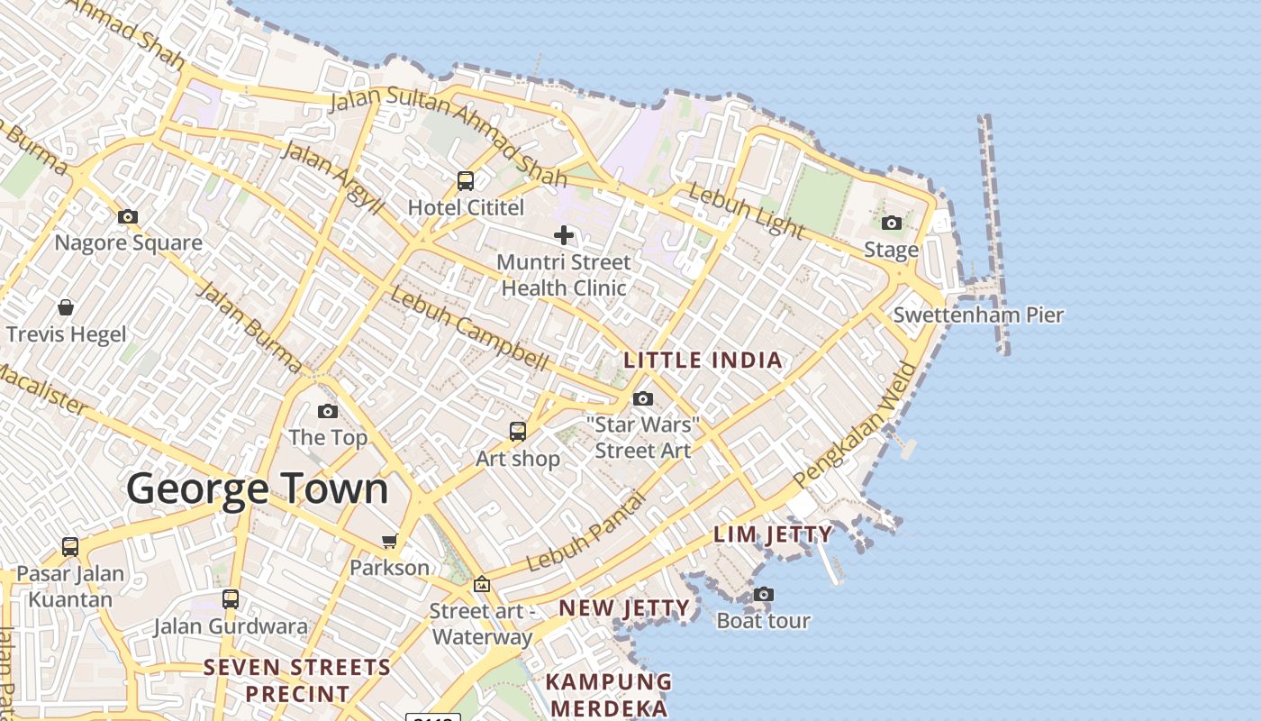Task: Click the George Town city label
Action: tap(258, 489)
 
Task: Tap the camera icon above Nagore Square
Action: tap(128, 216)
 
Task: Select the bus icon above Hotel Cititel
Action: tap(465, 180)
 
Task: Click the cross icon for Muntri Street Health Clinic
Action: tap(564, 235)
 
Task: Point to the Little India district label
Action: tap(703, 360)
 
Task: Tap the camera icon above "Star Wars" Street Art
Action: tap(643, 398)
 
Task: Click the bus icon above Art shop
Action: tap(518, 432)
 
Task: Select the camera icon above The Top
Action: tap(328, 411)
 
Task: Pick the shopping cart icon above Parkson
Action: tap(390, 541)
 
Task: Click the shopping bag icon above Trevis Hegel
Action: tap(66, 307)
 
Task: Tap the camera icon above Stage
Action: tap(892, 223)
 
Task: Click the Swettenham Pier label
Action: tap(978, 315)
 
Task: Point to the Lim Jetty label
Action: tap(773, 534)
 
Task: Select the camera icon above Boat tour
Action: tap(764, 594)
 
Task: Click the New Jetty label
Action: tap(624, 608)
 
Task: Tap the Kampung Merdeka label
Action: tap(610, 694)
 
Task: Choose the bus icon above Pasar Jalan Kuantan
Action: tap(70, 546)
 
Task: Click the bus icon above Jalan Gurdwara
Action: tap(231, 598)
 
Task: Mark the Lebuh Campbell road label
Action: tap(469, 330)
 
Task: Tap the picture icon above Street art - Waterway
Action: tap(482, 584)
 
